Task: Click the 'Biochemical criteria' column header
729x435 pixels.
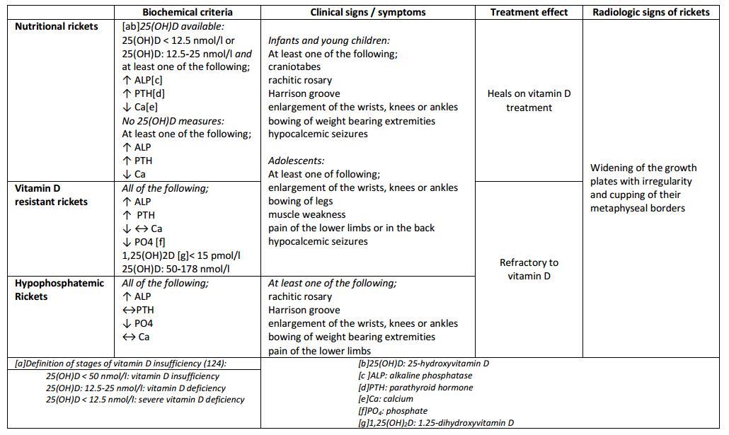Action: click(187, 12)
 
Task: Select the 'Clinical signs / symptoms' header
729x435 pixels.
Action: click(367, 12)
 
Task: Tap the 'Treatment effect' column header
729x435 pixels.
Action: click(529, 12)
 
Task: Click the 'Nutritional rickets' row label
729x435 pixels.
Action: click(57, 26)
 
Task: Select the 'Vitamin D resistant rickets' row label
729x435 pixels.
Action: click(51, 195)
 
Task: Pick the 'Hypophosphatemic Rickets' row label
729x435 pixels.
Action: click(59, 289)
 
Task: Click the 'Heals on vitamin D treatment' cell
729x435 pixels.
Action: click(529, 100)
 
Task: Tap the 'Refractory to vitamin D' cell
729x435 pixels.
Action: click(529, 269)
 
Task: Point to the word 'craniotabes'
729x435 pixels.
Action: click(294, 66)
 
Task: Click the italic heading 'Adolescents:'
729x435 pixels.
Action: click(296, 161)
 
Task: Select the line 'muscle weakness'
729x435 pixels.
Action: click(306, 214)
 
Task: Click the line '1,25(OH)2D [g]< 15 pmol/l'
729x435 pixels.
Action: click(181, 255)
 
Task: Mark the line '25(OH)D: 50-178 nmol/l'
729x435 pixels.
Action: click(175, 269)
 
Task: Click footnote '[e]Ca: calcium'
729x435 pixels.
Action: click(386, 399)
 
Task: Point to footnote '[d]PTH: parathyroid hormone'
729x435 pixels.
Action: click(415, 387)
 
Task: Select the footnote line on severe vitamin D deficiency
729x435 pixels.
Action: click(145, 400)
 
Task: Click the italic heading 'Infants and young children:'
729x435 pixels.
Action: click(328, 40)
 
